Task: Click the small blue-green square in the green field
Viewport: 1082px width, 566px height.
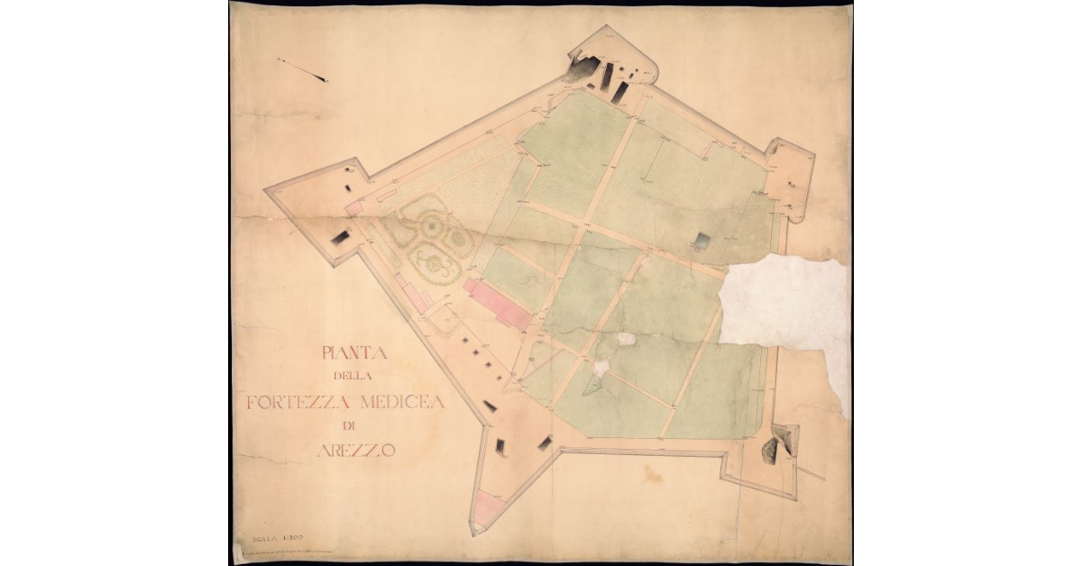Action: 703,241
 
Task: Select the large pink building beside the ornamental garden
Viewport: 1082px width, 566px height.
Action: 498,304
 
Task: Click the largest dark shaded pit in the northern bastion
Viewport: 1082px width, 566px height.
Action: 581,67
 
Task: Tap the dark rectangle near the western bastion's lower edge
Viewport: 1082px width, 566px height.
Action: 341,237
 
